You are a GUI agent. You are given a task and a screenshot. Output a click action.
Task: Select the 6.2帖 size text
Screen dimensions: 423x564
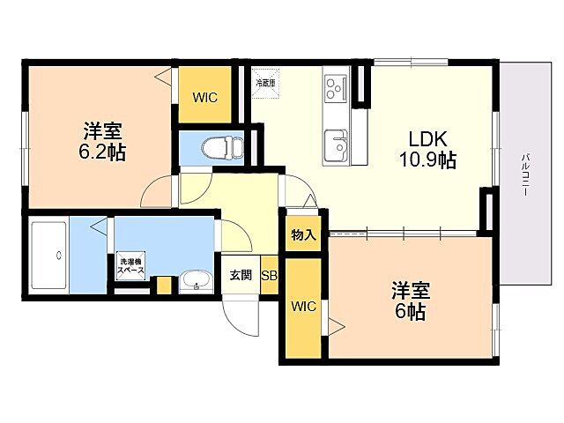(101, 152)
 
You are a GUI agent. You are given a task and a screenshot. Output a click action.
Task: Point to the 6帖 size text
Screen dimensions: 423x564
(410, 311)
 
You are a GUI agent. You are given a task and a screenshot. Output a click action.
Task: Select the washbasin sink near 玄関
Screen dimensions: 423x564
(196, 282)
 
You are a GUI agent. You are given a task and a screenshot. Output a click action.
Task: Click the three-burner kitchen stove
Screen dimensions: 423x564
(336, 88)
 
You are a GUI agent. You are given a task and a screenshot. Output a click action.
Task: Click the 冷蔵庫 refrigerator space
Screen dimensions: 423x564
(265, 82)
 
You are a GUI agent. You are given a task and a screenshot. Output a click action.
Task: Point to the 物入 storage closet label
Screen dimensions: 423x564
(302, 235)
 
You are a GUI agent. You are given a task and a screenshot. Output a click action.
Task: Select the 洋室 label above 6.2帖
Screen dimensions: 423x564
(101, 131)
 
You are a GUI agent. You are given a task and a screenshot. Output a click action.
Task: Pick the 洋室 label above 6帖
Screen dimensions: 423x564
(410, 291)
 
